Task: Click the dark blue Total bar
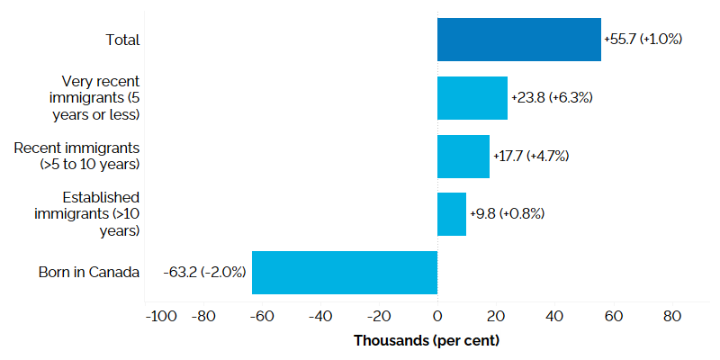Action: (518, 40)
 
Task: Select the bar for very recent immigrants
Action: (472, 98)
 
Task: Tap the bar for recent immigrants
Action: (463, 157)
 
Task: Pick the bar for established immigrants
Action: (451, 214)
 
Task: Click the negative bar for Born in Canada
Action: (344, 272)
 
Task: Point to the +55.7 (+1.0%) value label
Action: (643, 40)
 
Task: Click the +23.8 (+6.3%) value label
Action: (551, 97)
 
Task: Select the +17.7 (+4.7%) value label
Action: (531, 156)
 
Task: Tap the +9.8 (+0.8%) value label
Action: (507, 214)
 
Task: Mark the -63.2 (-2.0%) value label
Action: (205, 272)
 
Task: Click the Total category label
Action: (122, 40)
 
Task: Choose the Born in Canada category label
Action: (89, 272)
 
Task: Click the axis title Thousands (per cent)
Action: (426, 341)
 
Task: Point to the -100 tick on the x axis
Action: (161, 316)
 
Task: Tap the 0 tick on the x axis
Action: (437, 316)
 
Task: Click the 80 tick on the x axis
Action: (671, 316)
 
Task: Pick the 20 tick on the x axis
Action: (496, 316)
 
